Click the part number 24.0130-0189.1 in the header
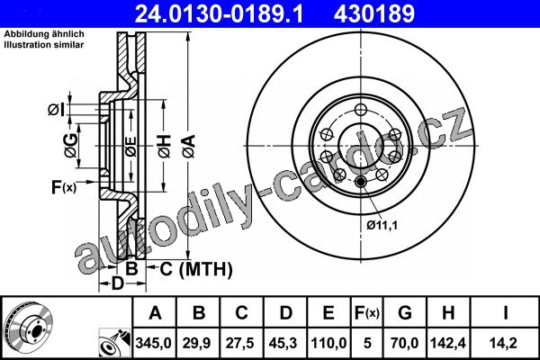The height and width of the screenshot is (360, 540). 219,13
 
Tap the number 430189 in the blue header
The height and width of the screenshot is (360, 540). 374,13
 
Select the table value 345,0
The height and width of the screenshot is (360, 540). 154,343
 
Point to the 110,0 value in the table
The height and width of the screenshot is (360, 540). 328,343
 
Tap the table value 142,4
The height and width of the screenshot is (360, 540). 447,343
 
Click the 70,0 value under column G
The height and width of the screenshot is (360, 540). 404,343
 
